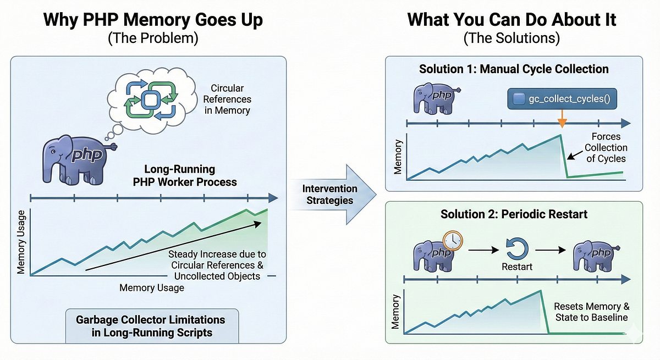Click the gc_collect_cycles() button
(x=562, y=98)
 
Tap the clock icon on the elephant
(x=453, y=241)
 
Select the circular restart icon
(x=517, y=249)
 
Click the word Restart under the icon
(x=517, y=267)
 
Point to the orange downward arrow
(x=562, y=119)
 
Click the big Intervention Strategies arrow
(x=332, y=195)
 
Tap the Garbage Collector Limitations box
(x=152, y=326)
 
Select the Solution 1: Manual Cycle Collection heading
(x=514, y=69)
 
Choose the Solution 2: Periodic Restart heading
(x=514, y=214)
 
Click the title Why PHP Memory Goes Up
(x=153, y=20)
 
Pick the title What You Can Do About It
(x=512, y=20)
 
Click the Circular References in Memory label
(x=227, y=99)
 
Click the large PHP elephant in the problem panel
(x=77, y=159)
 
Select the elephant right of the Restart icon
(x=595, y=256)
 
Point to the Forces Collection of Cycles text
(x=606, y=147)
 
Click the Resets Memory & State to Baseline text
(x=592, y=312)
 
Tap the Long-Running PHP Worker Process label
(x=185, y=175)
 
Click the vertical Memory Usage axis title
(x=21, y=242)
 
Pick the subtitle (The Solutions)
(x=512, y=38)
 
